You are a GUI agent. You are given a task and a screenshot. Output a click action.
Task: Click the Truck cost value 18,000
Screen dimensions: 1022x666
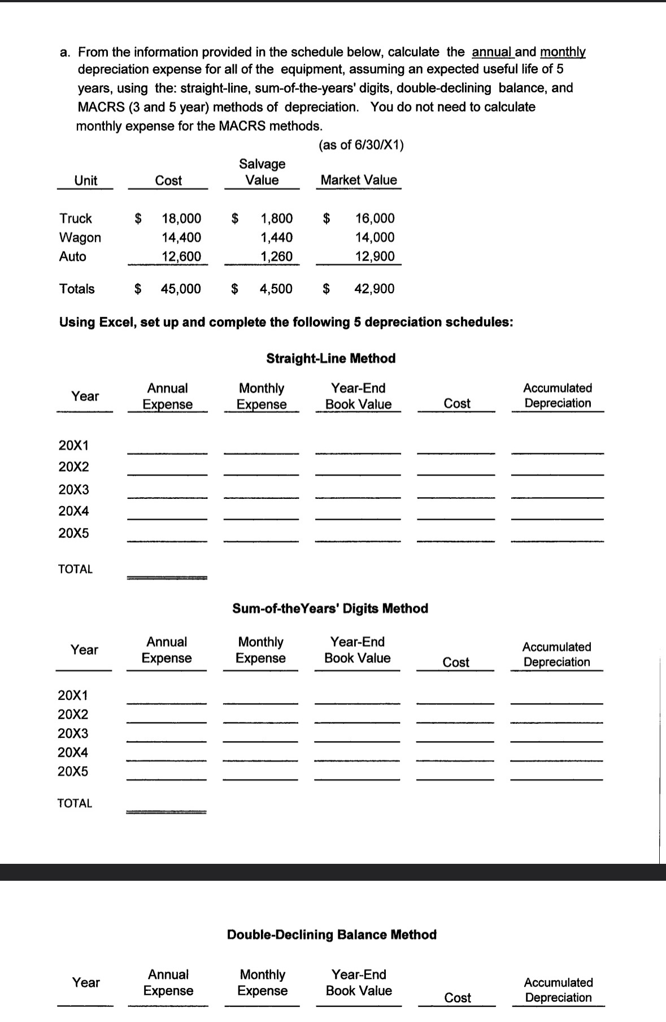coord(181,219)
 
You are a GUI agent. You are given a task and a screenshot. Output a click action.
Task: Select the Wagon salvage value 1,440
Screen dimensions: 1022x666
coord(276,237)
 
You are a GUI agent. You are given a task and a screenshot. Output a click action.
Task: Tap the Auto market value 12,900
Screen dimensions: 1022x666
coord(375,256)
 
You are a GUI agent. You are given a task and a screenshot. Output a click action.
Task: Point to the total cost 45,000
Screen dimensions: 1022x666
coord(180,289)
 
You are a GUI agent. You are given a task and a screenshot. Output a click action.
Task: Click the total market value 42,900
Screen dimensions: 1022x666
coord(374,289)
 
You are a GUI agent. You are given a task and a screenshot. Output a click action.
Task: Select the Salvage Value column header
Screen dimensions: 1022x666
coord(262,172)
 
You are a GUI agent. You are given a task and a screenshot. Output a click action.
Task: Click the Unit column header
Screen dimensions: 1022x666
coord(86,181)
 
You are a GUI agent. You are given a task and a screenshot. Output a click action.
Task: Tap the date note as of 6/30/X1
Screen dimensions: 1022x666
coord(362,145)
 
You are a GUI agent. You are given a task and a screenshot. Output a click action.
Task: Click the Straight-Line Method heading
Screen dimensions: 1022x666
coord(330,359)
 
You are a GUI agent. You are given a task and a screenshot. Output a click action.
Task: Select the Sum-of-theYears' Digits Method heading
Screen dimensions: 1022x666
coord(330,608)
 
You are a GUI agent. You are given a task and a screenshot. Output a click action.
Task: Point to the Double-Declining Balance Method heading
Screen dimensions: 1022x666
coord(332,934)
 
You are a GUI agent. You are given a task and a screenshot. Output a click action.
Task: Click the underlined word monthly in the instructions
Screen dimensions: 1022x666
coord(563,53)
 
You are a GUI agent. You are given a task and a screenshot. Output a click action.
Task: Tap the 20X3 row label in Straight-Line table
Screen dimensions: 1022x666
coord(74,489)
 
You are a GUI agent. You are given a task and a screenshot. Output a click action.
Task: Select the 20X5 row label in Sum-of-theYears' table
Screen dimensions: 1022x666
coord(73,772)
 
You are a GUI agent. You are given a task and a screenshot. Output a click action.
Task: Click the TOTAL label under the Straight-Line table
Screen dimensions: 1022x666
coord(75,569)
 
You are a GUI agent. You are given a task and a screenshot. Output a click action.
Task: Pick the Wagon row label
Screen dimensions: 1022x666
coord(80,238)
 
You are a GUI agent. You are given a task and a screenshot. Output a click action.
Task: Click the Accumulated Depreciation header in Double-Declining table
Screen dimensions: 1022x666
coord(558,990)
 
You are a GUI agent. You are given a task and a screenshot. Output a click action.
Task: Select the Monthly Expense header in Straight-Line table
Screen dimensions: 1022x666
coord(261,396)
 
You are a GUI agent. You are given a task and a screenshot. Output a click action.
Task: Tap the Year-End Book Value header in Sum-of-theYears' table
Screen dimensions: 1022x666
coord(357,650)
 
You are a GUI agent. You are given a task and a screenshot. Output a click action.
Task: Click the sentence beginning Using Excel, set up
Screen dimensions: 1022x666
coord(286,322)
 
